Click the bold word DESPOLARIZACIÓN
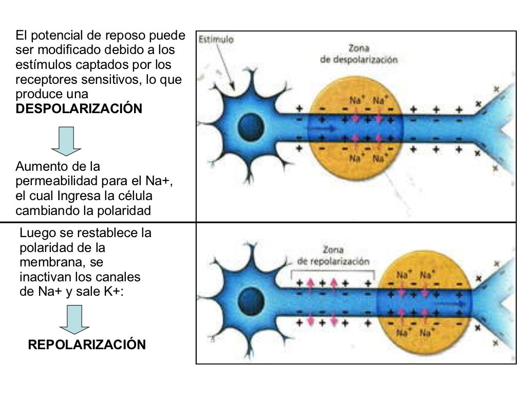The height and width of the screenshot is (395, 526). [x=79, y=109]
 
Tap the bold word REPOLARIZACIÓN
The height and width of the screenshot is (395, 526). [x=87, y=345]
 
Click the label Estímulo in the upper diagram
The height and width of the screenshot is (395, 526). [x=216, y=39]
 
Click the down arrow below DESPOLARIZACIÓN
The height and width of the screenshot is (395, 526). [x=66, y=141]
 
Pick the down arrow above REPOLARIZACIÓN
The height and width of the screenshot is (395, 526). [x=74, y=319]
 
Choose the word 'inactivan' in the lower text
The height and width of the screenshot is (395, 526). [x=45, y=277]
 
